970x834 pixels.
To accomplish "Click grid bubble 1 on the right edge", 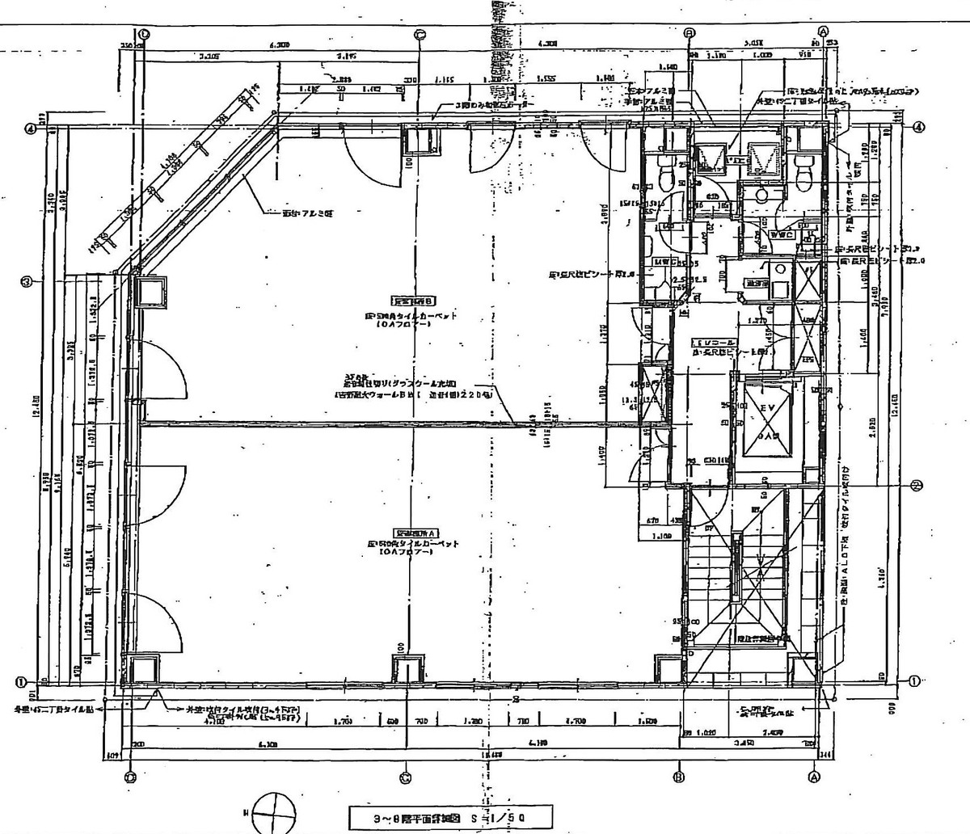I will click(x=914, y=680).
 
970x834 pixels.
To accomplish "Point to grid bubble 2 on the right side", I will click(x=917, y=486).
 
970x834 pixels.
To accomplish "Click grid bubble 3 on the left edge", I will click(x=27, y=281).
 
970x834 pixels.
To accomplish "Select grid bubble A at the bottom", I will click(x=812, y=775).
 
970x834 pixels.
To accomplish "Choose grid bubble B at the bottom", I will click(x=679, y=776).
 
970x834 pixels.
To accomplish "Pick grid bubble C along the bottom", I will click(x=406, y=777).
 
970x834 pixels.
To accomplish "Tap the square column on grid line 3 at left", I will click(x=150, y=292).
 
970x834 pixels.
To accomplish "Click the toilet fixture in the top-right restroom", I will click(x=803, y=166).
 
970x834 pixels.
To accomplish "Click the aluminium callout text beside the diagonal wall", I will click(x=301, y=213).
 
